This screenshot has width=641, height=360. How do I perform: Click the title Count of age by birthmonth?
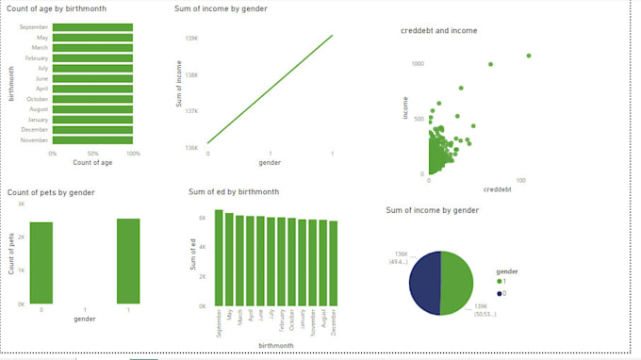57,8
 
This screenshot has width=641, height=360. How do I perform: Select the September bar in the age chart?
92,27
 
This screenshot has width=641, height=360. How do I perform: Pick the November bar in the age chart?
92,139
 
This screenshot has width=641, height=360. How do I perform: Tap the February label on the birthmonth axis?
39,57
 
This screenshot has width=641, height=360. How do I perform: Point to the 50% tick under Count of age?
92,153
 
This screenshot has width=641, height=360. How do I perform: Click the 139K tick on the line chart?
191,38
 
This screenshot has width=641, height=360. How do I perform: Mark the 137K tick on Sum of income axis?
191,111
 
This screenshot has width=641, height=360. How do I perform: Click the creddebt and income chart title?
439,30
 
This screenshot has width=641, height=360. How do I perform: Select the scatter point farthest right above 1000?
529,56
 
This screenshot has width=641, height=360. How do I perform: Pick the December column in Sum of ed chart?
334,263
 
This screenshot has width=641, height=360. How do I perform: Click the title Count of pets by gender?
51,192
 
